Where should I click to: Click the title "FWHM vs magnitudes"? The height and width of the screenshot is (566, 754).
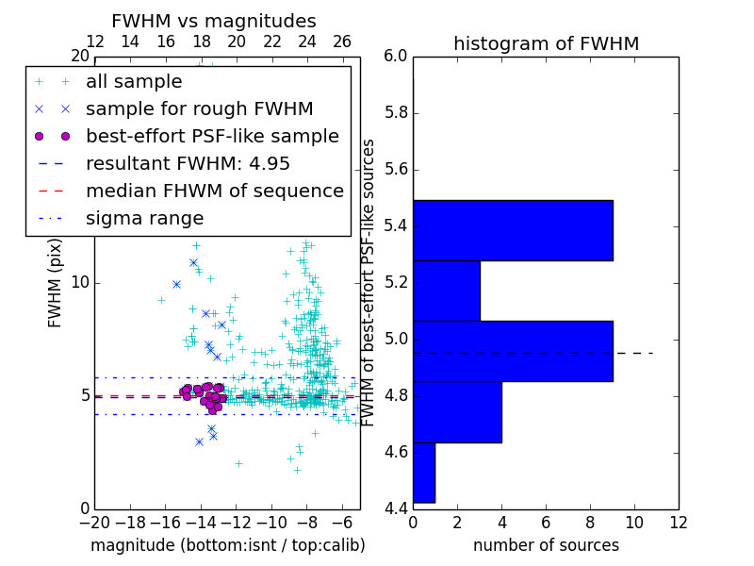pos(214,21)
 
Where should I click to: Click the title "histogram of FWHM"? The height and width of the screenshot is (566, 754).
pos(546,43)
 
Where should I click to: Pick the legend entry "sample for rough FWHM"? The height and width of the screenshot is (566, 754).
pos(199,108)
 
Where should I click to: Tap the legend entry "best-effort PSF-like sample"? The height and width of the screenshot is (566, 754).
pos(212,136)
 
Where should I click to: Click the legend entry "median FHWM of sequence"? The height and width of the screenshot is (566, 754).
pos(214,191)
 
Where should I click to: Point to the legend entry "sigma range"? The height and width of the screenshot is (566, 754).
pos(144,218)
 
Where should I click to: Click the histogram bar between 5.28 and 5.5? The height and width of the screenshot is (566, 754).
pos(513,230)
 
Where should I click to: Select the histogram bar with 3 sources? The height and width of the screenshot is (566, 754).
pos(447,291)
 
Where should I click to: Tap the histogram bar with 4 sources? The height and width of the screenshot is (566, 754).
pos(457,411)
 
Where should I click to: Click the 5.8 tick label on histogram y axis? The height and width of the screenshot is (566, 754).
pos(395,113)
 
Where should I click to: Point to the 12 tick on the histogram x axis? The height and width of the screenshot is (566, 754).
pos(678,522)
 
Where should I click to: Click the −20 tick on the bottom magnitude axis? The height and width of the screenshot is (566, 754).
pos(94,522)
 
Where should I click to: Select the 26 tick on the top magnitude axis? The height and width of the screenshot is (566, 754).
pos(342,42)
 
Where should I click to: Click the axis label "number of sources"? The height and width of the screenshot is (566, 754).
pos(546,545)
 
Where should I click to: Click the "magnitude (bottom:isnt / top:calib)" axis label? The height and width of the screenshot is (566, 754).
pos(227,545)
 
